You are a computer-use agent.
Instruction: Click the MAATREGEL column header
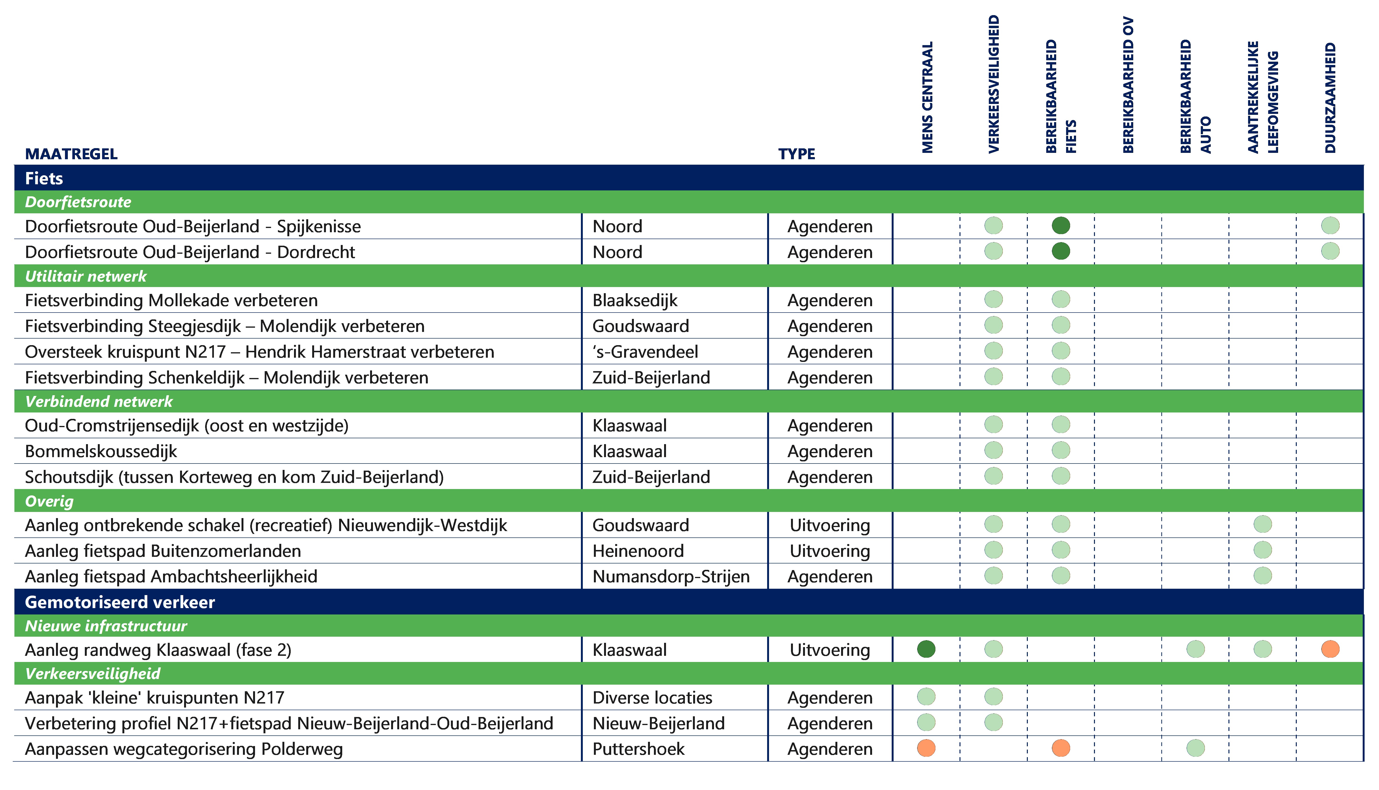(x=71, y=154)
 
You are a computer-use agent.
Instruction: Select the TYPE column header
(x=796, y=154)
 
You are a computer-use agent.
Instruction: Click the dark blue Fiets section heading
(x=44, y=179)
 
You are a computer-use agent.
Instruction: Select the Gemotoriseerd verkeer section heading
(x=120, y=602)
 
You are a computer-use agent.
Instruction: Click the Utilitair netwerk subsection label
(x=86, y=276)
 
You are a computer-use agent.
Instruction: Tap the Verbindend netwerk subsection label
(x=99, y=402)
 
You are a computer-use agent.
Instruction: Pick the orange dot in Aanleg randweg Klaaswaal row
(x=1330, y=649)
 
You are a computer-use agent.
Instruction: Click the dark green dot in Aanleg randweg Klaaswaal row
(x=926, y=649)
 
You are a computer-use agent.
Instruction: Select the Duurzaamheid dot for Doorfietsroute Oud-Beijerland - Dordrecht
(x=1330, y=251)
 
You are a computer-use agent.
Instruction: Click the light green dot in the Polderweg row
(x=1196, y=748)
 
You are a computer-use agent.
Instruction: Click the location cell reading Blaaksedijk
(x=635, y=300)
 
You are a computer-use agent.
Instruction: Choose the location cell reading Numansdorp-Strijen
(x=671, y=576)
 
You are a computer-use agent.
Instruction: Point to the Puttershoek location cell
(x=638, y=749)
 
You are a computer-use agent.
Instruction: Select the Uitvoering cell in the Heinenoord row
(x=830, y=551)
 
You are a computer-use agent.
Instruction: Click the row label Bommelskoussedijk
(x=101, y=451)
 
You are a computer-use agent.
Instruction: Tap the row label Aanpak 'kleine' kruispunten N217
(x=155, y=698)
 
